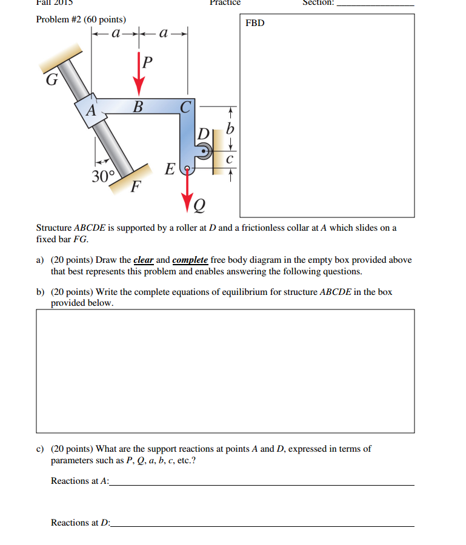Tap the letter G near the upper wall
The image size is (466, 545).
52,79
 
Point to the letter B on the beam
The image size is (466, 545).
138,108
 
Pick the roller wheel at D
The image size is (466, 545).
205,151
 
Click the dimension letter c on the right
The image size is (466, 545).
229,160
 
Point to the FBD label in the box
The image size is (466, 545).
255,23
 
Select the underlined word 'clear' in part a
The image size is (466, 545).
144,260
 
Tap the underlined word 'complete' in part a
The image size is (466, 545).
190,260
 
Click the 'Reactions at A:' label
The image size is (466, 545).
80,481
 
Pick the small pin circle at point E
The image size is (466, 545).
188,168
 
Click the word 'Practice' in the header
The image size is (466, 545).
225,2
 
